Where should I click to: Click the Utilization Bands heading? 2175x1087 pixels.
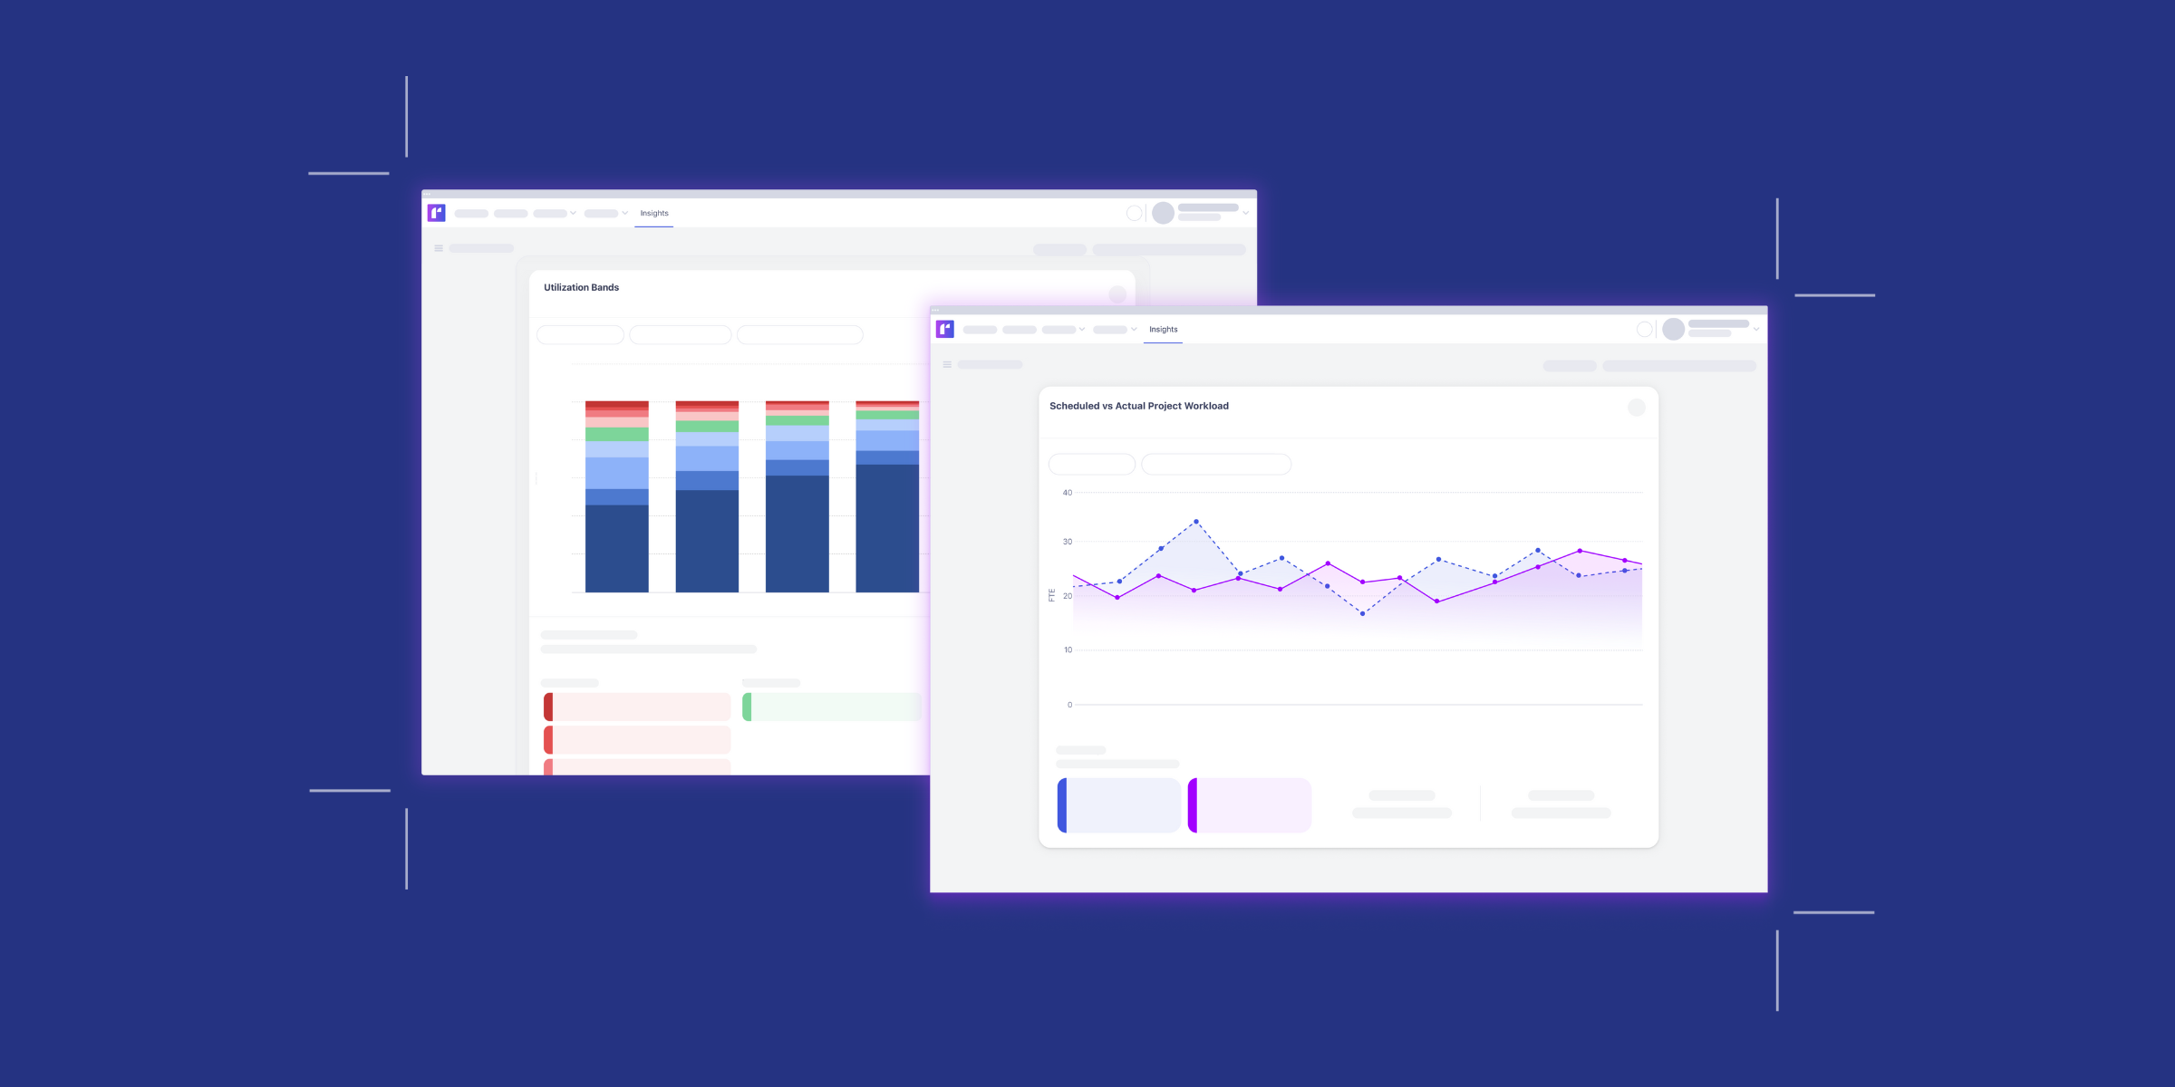click(x=581, y=287)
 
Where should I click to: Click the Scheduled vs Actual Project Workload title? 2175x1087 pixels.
click(x=1138, y=406)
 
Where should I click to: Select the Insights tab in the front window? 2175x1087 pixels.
click(x=1163, y=330)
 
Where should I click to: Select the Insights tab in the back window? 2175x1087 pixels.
click(x=653, y=214)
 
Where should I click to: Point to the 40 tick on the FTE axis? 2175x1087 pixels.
click(x=1068, y=493)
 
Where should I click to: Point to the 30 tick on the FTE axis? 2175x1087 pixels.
click(x=1068, y=542)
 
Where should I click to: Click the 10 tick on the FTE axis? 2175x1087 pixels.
click(x=1068, y=649)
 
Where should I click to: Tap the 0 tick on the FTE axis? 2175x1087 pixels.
click(x=1069, y=705)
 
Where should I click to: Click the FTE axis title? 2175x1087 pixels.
click(x=1051, y=595)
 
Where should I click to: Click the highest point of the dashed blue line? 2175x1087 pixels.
click(x=1196, y=522)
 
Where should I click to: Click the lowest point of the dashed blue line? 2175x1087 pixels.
click(x=1362, y=614)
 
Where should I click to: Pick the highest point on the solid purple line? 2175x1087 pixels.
click(x=1580, y=551)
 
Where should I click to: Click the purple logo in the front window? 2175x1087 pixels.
click(x=944, y=329)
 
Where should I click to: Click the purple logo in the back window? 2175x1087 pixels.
click(x=436, y=213)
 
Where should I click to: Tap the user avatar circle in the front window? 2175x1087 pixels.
click(x=1673, y=329)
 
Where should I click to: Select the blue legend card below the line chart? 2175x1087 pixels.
click(x=1119, y=805)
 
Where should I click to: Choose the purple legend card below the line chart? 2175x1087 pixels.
click(x=1250, y=805)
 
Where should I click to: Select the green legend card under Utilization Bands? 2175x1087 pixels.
click(x=832, y=707)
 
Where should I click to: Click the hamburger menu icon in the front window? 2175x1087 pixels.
click(x=947, y=364)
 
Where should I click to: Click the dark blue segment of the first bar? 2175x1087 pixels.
click(x=616, y=548)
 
